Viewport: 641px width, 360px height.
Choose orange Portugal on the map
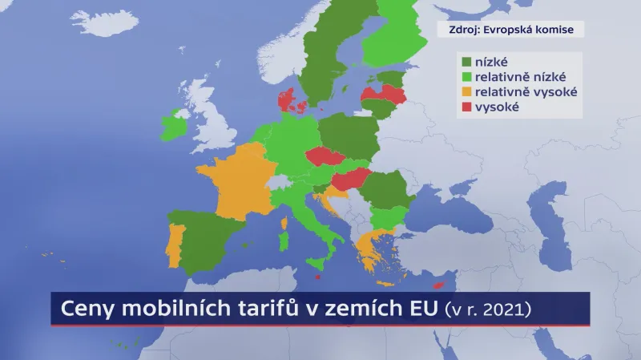(175, 245)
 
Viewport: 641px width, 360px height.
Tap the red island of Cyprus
(438, 285)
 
